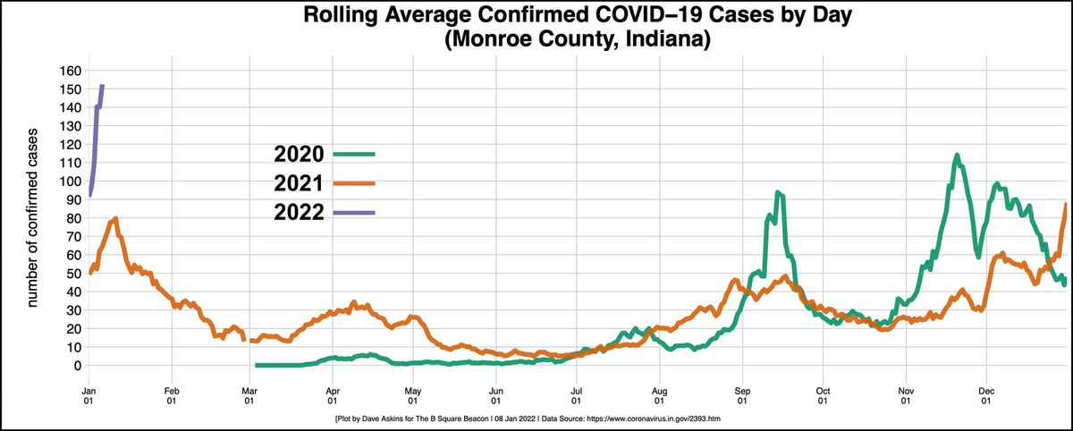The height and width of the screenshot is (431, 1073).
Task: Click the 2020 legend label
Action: tap(299, 154)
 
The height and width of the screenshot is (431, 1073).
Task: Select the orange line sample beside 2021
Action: tap(353, 183)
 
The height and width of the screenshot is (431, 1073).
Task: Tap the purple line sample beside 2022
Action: tap(353, 213)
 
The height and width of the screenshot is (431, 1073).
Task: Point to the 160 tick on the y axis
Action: tap(70, 70)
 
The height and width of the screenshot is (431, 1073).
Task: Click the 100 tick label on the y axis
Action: tap(70, 181)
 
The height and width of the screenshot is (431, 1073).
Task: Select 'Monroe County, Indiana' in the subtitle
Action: tap(536, 40)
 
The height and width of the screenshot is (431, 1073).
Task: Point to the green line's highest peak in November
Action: tap(956, 156)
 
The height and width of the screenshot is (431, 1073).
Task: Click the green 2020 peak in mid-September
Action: tap(777, 192)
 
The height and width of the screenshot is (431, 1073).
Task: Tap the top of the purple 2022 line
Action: tap(101, 86)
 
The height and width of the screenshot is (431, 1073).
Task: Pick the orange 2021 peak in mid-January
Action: tap(115, 218)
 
